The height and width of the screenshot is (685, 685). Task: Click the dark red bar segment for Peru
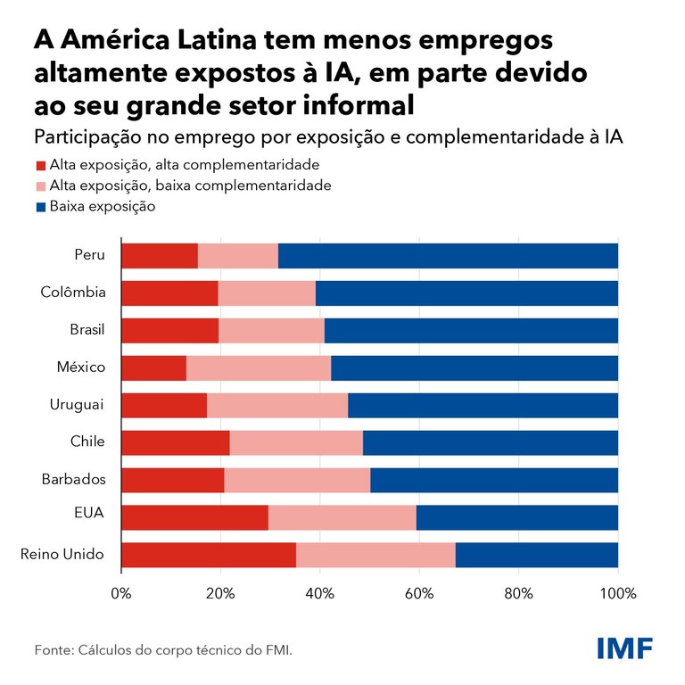click(x=159, y=255)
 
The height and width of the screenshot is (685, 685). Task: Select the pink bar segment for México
click(x=259, y=367)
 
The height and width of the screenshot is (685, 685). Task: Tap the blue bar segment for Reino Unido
click(x=536, y=555)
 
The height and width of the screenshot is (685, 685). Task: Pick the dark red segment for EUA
click(x=194, y=517)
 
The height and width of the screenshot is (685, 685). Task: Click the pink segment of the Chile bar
click(x=296, y=442)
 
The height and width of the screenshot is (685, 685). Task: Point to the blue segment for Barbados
click(x=494, y=480)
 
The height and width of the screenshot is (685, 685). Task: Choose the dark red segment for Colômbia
click(x=169, y=293)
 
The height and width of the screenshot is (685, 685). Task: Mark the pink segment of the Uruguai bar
click(x=277, y=405)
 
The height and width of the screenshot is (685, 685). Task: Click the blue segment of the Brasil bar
click(x=471, y=330)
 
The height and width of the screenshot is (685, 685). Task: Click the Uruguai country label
click(x=77, y=404)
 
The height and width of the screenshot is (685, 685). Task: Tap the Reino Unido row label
click(x=62, y=555)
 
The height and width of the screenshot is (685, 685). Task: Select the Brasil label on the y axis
click(x=87, y=329)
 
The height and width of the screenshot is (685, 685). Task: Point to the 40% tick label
click(x=320, y=593)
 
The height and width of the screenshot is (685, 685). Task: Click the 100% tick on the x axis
click(x=618, y=593)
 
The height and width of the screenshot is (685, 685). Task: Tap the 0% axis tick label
click(x=120, y=593)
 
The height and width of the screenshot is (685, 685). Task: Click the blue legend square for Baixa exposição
click(x=40, y=207)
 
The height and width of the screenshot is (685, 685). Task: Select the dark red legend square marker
click(x=40, y=166)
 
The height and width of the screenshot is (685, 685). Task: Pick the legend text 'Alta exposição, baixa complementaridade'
click(x=191, y=186)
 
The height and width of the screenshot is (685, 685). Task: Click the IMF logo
click(x=624, y=648)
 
